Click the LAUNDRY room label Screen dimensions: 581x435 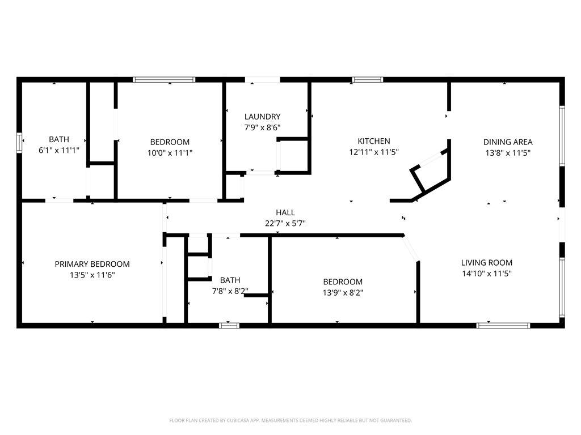pyautogui.click(x=262, y=117)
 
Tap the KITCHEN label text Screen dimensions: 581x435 pyautogui.click(x=374, y=141)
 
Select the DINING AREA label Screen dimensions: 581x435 pyautogui.click(x=508, y=142)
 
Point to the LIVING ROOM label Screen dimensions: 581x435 pyautogui.click(x=486, y=263)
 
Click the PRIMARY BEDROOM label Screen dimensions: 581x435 pyautogui.click(x=92, y=264)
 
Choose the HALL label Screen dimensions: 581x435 pyautogui.click(x=285, y=212)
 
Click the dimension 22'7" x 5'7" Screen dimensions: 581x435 pyautogui.click(x=285, y=223)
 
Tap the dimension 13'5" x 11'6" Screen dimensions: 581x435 pyautogui.click(x=92, y=275)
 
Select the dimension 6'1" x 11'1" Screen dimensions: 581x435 pyautogui.click(x=59, y=150)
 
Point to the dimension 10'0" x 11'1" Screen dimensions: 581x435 pyautogui.click(x=170, y=153)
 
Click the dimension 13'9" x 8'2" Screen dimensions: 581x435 pyautogui.click(x=343, y=293)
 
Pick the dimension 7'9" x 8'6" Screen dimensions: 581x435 pyautogui.click(x=262, y=127)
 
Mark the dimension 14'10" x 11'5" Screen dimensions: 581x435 pyautogui.click(x=486, y=274)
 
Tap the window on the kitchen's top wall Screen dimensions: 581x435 pyautogui.click(x=367, y=79)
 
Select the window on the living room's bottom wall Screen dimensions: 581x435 pyautogui.click(x=503, y=326)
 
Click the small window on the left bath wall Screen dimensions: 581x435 pyautogui.click(x=19, y=142)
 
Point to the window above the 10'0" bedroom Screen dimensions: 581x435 pyautogui.click(x=164, y=79)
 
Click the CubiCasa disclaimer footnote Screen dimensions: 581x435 pyautogui.click(x=290, y=420)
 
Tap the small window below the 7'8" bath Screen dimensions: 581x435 pyautogui.click(x=229, y=326)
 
